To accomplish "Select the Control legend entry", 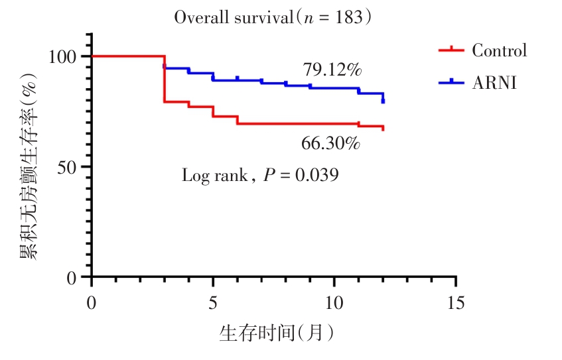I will pos(499,51).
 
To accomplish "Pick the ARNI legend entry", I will pos(494,83).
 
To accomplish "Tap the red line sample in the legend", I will pos(451,50).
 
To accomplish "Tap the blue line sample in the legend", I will pos(451,82).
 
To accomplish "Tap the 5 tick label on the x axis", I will pos(213,302).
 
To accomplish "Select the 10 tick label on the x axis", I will pos(334,302).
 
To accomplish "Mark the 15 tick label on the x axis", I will pos(456,302).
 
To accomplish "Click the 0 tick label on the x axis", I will pos(92,302).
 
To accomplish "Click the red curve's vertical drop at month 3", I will pos(164,80).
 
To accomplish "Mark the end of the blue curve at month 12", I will pos(383,99).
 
